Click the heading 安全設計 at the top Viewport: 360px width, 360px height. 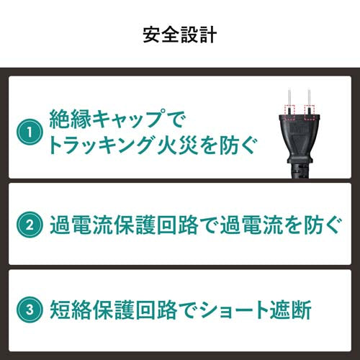coord(180,34)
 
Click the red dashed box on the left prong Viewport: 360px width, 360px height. coord(290,110)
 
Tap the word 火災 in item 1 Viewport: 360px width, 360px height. coord(174,147)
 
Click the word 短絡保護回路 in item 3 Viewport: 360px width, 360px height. coord(102,312)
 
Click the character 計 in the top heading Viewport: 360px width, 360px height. coord(208,34)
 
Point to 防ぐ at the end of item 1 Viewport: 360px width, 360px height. coord(234,147)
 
